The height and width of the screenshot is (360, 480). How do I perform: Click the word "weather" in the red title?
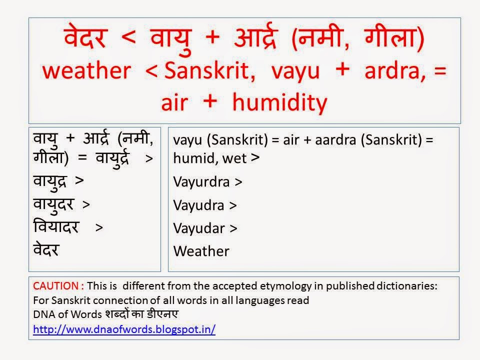point(85,71)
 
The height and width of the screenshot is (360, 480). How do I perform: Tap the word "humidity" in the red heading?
point(280,102)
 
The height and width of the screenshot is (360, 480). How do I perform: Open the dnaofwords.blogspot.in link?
point(124,330)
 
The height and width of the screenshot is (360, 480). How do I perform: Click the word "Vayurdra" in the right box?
point(201,182)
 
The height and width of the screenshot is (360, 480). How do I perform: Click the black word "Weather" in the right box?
point(201,251)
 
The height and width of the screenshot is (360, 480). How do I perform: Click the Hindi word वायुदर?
point(55,204)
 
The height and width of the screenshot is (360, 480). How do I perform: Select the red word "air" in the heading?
point(175,102)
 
